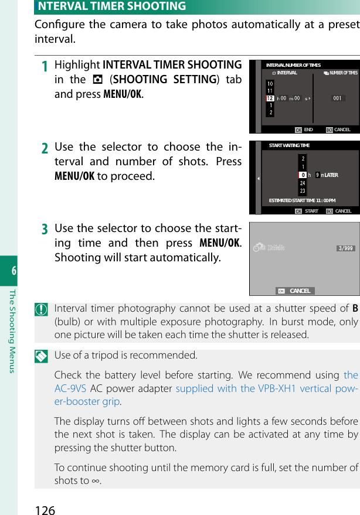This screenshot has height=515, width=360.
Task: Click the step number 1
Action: pos(45,66)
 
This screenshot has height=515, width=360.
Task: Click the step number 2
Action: pos(45,149)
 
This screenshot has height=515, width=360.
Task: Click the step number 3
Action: pos(45,230)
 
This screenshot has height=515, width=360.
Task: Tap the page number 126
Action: pos(45,509)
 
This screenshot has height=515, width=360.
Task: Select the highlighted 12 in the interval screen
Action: pos(270,98)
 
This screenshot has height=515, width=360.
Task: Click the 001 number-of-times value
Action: pos(337,98)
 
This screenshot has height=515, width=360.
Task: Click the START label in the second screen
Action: pos(311,211)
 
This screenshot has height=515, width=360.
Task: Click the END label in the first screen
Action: pos(308,129)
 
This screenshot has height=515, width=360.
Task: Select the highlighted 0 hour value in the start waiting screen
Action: pos(303,175)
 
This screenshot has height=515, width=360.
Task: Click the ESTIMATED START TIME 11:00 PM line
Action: pos(302,200)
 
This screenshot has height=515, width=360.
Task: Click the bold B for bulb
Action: pos(355,309)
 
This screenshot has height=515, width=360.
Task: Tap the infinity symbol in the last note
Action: pos(96,481)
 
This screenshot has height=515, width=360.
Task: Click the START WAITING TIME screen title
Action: pos(289,145)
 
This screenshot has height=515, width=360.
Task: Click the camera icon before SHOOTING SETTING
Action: pos(96,80)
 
